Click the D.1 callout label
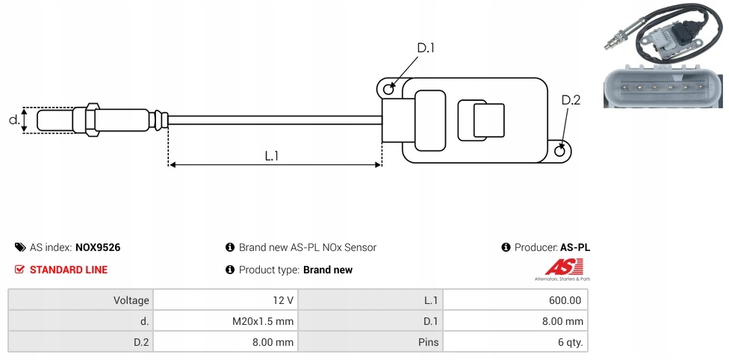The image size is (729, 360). [x=426, y=49]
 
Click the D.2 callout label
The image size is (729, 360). [x=571, y=101]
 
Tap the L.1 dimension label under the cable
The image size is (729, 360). [x=272, y=156]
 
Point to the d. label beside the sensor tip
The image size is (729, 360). [x=13, y=120]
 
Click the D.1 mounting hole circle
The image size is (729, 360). [x=388, y=90]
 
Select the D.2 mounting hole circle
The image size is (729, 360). [x=561, y=151]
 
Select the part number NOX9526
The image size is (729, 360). [x=98, y=247]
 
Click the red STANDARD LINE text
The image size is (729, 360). [x=69, y=270]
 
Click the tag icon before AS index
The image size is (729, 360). [x=19, y=247]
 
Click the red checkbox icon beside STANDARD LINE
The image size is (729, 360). [x=19, y=270]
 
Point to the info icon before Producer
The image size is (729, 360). [x=506, y=247]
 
